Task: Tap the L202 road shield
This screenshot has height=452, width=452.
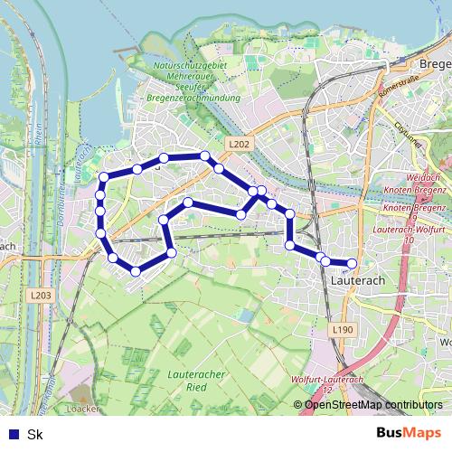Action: point(239,144)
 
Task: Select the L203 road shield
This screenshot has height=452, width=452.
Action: point(40,295)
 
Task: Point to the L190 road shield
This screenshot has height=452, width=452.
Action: point(343,331)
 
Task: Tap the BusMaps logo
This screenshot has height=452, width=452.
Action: point(409,433)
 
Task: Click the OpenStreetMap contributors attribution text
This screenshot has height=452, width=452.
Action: point(372,405)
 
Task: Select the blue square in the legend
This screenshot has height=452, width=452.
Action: point(13,434)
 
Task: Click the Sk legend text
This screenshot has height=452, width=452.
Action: point(35,434)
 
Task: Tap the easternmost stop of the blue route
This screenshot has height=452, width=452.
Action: point(352,264)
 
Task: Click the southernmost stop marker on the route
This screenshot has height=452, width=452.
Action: point(135,270)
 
